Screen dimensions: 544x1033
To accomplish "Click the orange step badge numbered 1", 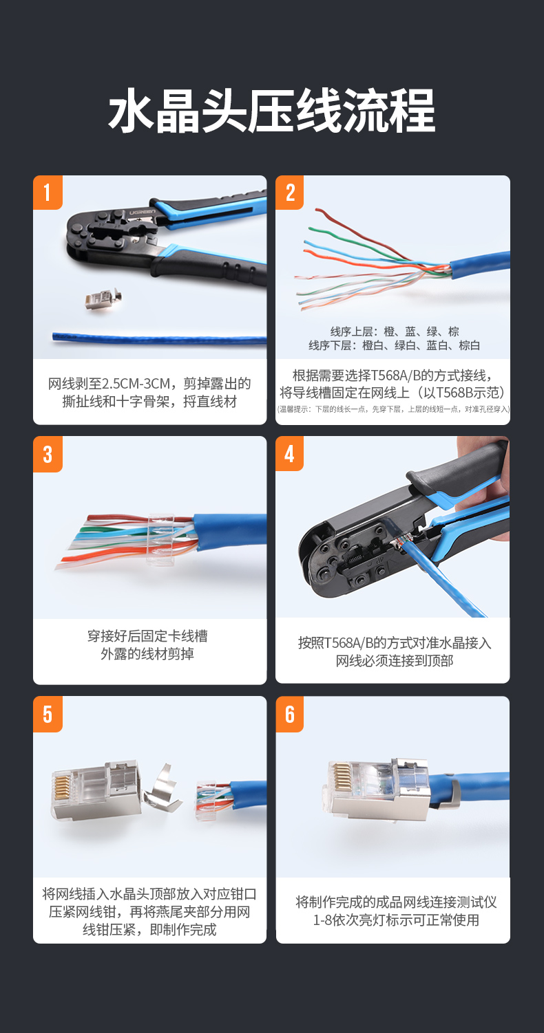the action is [48, 193].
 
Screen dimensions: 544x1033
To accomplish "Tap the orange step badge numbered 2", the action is [289, 193].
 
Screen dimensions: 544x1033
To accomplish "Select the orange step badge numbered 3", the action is [48, 454].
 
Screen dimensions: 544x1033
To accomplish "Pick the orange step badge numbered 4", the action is [289, 454].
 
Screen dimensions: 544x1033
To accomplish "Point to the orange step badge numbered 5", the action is [48, 715].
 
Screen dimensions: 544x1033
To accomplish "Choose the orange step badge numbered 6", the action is [289, 715].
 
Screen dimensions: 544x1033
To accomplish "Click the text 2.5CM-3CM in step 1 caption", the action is [135, 384].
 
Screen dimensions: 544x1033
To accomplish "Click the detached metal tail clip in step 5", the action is [163, 789].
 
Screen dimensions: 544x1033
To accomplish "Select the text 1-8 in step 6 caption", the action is [322, 920].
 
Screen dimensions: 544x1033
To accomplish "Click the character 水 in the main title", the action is [131, 111].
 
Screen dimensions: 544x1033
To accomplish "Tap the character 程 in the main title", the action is [412, 111].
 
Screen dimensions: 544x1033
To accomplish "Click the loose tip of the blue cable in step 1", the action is [54, 336].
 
